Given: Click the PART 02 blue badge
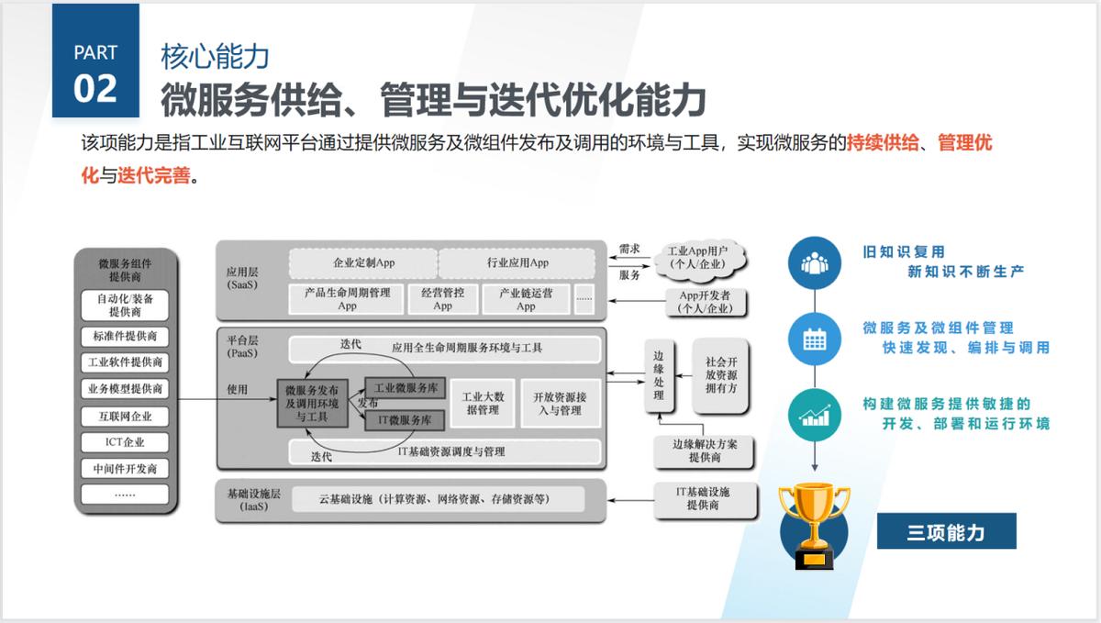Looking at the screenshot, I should pos(95,61).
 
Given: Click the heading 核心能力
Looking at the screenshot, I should pos(215,56).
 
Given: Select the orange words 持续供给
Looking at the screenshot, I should pos(882,144).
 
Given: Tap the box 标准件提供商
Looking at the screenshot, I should pos(125,336).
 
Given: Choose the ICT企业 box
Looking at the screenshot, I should pos(125,442).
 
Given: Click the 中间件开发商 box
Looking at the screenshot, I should pos(125,469).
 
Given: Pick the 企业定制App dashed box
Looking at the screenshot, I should pos(363,262).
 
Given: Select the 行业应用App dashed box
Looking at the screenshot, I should pos(517,262).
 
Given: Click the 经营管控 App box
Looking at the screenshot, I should pos(442,299).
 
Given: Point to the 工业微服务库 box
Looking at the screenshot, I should pos(405,386).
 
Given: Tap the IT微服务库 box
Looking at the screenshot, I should pos(405,420).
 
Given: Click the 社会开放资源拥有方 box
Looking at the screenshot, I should pos(720,375).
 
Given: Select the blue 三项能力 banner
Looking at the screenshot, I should pos(946,531).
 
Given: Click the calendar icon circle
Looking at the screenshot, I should pos(815,339).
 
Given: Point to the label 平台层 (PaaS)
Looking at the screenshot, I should pos(243,346).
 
